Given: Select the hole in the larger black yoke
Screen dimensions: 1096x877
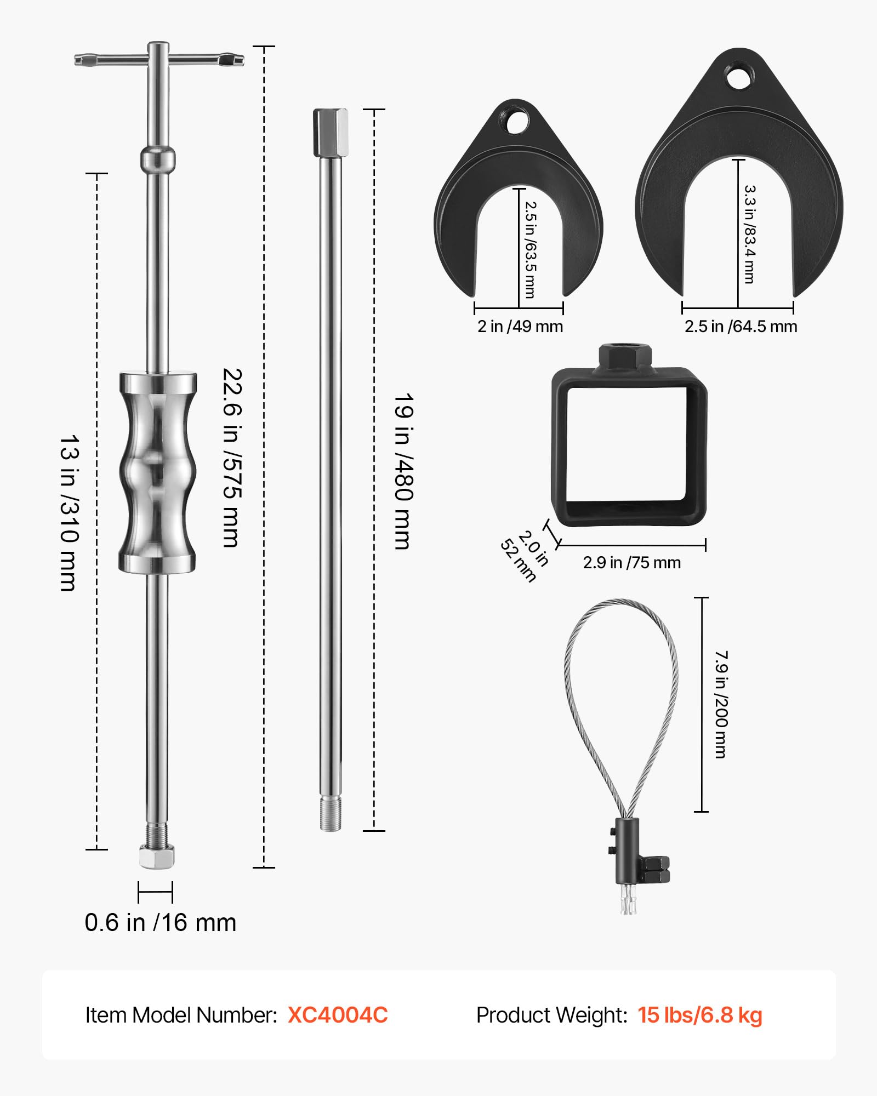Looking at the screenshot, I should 739,77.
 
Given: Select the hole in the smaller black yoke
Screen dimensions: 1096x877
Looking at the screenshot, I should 517,122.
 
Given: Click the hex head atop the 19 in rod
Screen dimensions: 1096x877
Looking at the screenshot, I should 331,132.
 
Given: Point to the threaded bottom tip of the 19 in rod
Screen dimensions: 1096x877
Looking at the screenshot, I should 331,814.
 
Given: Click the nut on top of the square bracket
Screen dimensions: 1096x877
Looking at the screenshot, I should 625,356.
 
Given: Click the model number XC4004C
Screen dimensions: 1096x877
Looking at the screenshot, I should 338,1015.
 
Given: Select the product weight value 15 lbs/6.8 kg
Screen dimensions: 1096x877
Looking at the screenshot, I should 700,1015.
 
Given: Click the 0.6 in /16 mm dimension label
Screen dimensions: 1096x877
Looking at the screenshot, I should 160,923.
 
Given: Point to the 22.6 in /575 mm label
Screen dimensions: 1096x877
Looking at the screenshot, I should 231,458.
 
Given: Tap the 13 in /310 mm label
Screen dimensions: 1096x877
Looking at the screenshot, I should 70,513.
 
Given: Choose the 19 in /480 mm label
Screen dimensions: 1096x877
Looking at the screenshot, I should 403,471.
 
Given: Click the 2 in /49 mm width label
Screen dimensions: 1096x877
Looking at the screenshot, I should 520,327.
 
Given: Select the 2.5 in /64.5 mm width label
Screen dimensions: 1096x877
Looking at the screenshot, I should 741,327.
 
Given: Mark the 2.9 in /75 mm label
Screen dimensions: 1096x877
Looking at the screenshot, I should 631,563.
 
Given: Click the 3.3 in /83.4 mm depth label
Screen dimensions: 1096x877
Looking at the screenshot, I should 749,234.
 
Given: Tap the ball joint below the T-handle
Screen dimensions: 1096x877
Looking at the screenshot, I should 158,159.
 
